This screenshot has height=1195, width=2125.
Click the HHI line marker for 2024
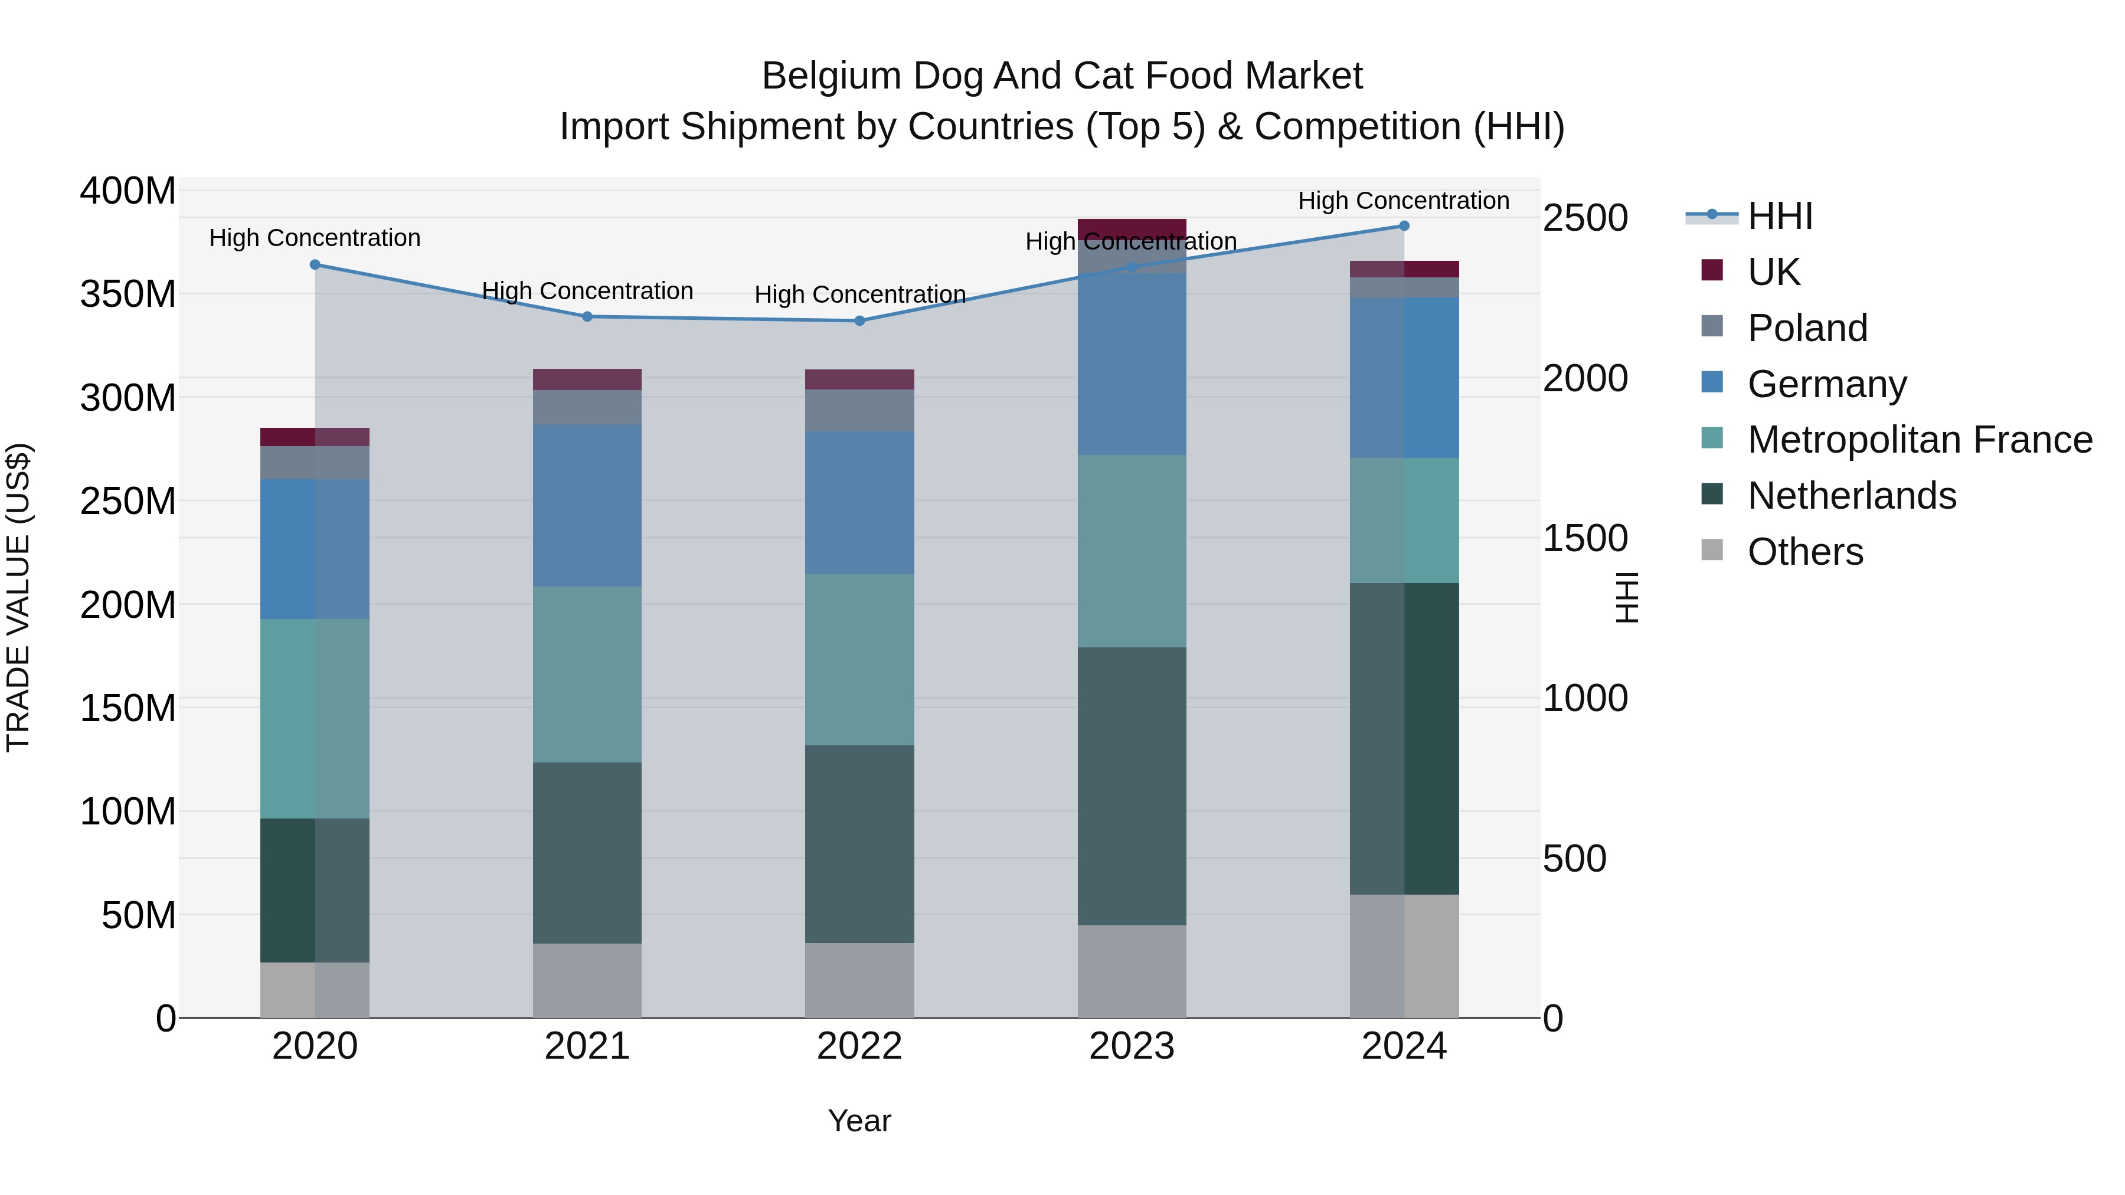(x=1404, y=226)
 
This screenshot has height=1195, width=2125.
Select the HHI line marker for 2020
(x=315, y=265)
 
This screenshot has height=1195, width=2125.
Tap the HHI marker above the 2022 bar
(x=859, y=321)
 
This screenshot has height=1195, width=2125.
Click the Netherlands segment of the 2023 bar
(x=1132, y=786)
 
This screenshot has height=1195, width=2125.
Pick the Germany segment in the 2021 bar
(x=587, y=506)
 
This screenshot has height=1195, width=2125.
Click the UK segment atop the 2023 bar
(x=1132, y=228)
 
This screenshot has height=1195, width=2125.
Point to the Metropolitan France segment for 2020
(x=315, y=718)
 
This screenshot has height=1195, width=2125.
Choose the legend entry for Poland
(x=1807, y=328)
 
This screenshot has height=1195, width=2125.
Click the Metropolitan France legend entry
(x=1919, y=440)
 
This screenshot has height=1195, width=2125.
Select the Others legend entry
(x=1805, y=552)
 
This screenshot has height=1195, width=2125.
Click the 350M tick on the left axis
(x=128, y=294)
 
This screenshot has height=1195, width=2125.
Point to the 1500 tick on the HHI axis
(x=1585, y=539)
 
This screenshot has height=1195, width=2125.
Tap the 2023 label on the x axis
(x=1132, y=1046)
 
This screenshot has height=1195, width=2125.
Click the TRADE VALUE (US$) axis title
(x=18, y=597)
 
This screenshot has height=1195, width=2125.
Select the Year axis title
(x=859, y=1121)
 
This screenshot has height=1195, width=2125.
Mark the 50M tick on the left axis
(x=139, y=915)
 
